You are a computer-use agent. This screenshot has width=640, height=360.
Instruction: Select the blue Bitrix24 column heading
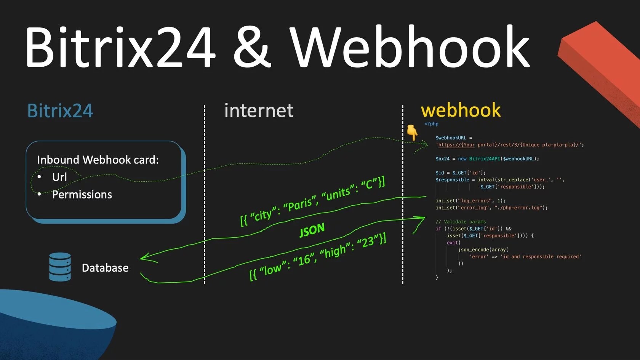pos(60,111)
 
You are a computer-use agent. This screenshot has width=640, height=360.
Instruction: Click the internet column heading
pos(259,111)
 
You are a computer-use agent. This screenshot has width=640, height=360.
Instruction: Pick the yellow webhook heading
pos(461,110)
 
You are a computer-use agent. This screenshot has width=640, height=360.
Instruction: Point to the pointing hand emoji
pos(412,132)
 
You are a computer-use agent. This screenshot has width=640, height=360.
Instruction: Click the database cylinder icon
pos(60,267)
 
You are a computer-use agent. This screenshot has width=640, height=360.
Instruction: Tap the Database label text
pos(105,268)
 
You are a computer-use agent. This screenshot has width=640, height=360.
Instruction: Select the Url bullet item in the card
pos(59,177)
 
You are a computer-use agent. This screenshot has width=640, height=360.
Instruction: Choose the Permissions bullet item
pos(82,195)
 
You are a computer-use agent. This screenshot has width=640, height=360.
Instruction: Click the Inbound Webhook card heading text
pos(98,160)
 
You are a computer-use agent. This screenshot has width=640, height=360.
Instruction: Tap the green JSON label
pos(312,230)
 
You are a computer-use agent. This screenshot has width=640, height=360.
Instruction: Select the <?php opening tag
pos(431,124)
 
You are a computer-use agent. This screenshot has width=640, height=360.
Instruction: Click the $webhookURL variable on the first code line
pos(451,138)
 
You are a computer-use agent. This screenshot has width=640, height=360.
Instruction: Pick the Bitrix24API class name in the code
pos(484,159)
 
